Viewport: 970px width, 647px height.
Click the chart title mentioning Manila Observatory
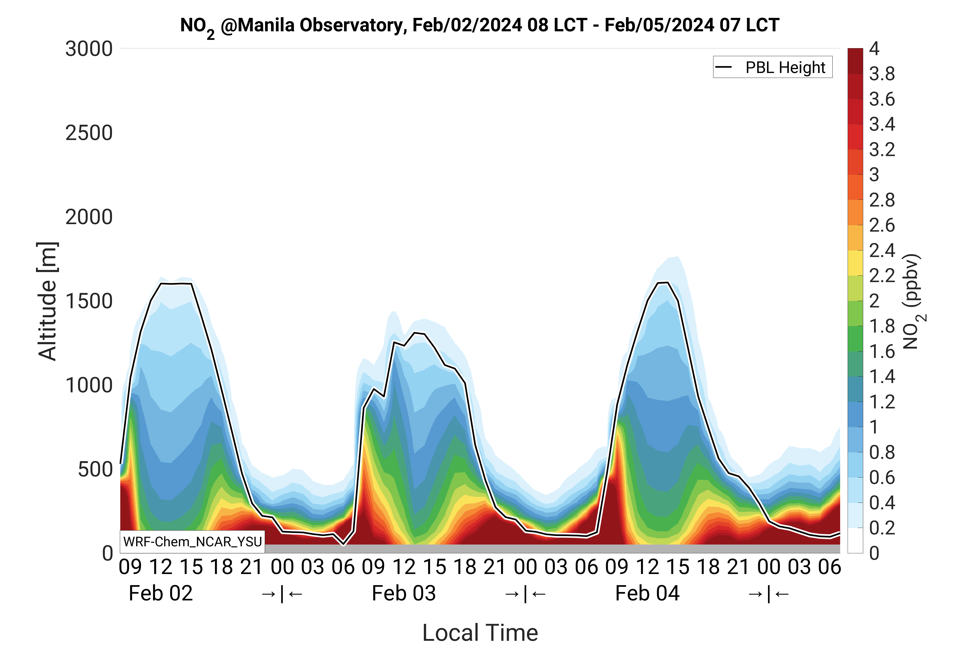click(x=479, y=26)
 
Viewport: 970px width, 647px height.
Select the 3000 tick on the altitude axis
click(x=89, y=49)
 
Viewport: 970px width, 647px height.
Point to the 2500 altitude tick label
click(x=89, y=133)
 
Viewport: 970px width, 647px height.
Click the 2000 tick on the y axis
click(x=89, y=217)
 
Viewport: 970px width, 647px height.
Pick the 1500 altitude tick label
click(x=89, y=302)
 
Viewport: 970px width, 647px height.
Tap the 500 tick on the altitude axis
click(x=95, y=469)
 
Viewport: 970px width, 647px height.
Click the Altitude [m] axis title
click(x=47, y=301)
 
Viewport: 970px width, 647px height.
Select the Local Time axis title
click(x=480, y=632)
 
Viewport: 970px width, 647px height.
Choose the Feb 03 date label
click(x=404, y=593)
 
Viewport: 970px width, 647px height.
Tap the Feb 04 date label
click(x=647, y=593)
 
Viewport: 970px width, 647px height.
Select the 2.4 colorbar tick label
click(x=882, y=251)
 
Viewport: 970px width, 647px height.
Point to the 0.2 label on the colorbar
click(x=882, y=528)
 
